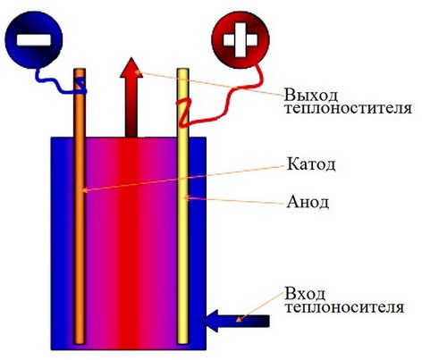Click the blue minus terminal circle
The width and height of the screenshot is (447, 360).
[x=34, y=39]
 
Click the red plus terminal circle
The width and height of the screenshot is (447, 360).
[x=240, y=39]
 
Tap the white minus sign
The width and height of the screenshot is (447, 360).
[x=34, y=40]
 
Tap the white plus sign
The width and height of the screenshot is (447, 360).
[x=240, y=39]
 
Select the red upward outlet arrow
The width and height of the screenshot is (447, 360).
[x=131, y=97]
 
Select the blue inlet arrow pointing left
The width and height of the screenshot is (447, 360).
[x=235, y=321]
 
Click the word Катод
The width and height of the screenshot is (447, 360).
[x=311, y=164]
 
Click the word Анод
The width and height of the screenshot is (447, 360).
[x=308, y=203]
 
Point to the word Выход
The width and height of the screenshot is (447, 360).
[x=311, y=95]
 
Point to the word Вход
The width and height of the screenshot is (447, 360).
[x=305, y=294]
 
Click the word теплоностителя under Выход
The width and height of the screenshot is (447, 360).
[x=348, y=108]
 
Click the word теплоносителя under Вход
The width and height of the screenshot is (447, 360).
[x=344, y=307]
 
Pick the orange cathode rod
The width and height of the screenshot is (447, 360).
[x=80, y=206]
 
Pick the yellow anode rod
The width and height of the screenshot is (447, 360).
[x=182, y=206]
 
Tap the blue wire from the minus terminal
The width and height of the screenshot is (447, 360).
[x=55, y=81]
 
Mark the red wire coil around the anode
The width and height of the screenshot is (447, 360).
[x=182, y=113]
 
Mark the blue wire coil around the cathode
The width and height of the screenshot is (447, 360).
[x=80, y=86]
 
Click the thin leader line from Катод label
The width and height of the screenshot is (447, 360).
[x=182, y=179]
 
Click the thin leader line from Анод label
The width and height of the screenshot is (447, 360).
[x=234, y=200]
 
